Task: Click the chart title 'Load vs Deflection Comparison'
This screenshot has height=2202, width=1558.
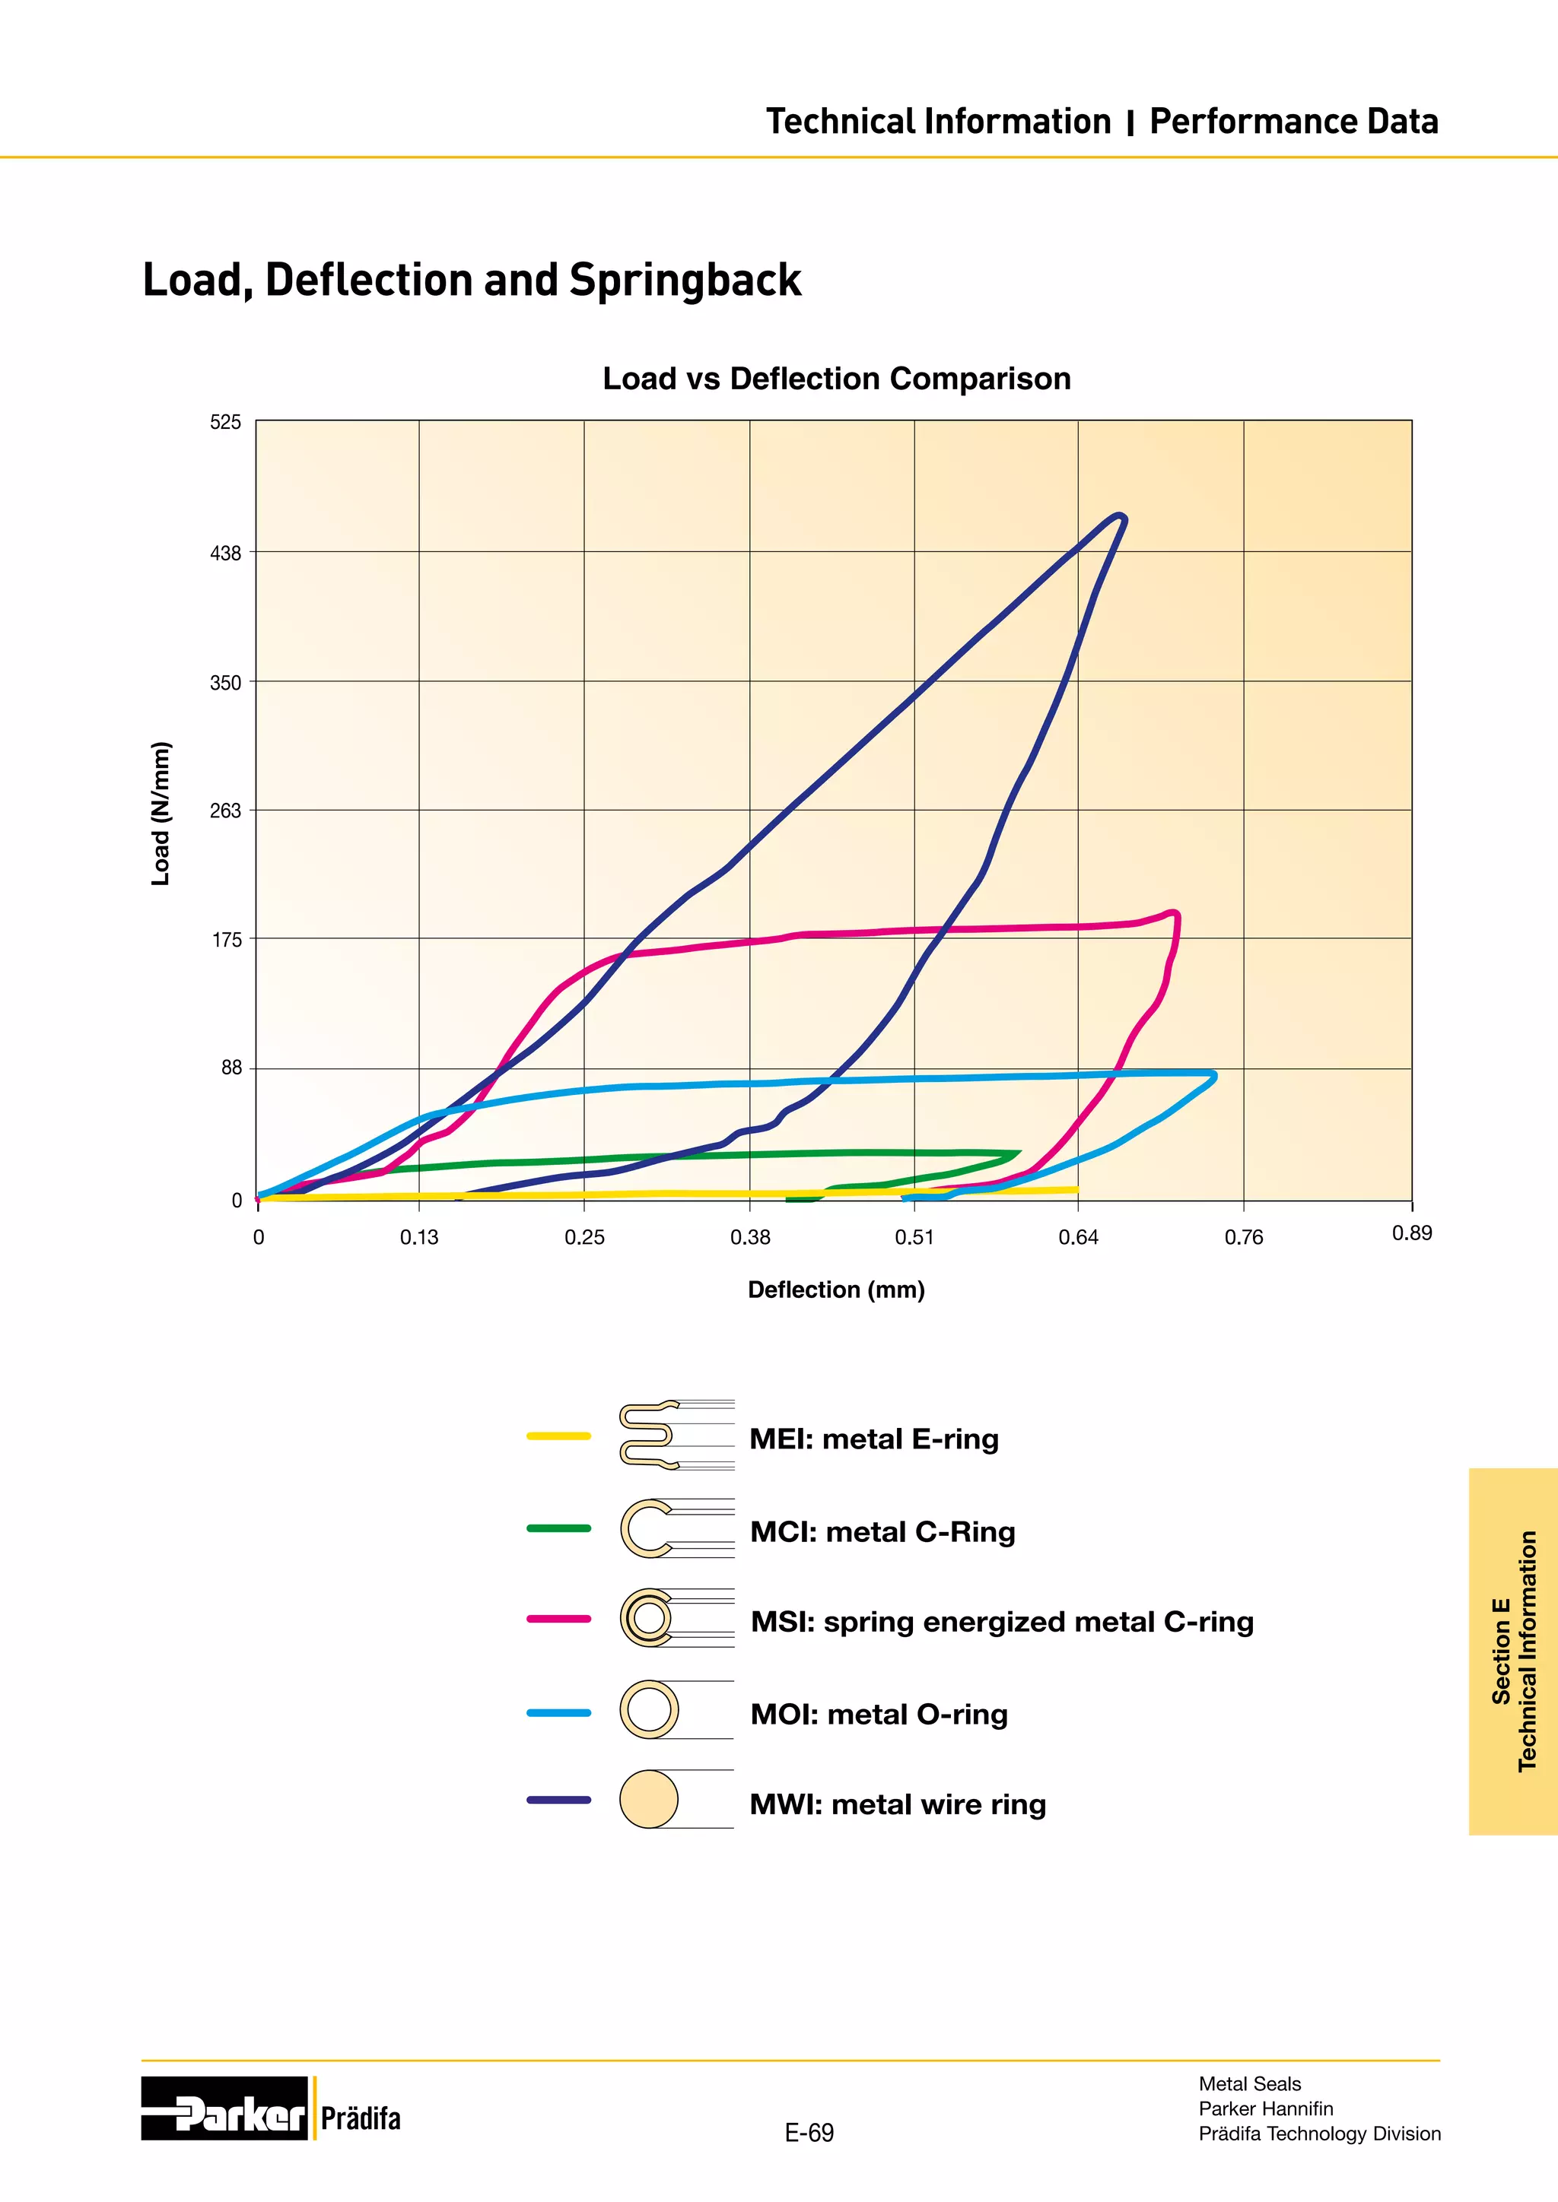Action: (837, 379)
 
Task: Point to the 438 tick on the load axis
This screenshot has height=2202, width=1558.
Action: (227, 554)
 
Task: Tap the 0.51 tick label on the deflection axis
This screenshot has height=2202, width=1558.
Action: (914, 1237)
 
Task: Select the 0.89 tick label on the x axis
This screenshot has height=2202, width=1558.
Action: (1411, 1233)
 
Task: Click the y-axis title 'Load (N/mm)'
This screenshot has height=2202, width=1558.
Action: (161, 814)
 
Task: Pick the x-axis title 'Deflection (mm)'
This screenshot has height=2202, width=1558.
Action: (835, 1290)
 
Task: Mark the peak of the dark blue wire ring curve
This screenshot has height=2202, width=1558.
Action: (1118, 517)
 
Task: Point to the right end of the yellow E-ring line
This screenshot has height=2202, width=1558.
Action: (1076, 1189)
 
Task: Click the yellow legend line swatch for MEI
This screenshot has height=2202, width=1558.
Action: (558, 1436)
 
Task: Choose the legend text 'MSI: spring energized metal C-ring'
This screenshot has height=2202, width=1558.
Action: (1002, 1622)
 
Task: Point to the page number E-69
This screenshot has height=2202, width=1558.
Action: (809, 2133)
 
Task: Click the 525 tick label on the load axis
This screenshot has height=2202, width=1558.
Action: (227, 423)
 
